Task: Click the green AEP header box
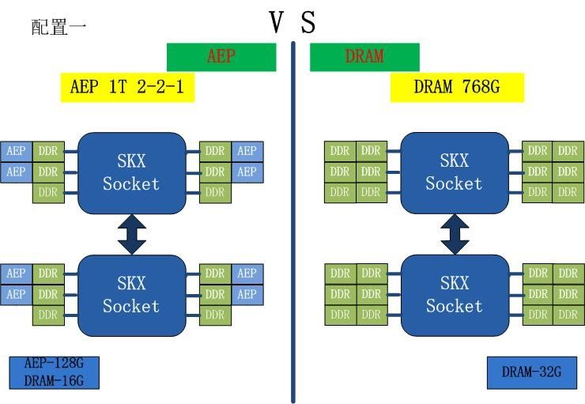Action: (x=221, y=57)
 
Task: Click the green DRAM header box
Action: (x=364, y=57)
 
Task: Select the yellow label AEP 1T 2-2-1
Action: (x=127, y=87)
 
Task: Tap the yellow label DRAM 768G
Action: (x=457, y=87)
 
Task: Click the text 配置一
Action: (x=59, y=27)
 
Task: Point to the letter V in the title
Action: (x=277, y=22)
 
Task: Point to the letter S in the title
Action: (x=308, y=22)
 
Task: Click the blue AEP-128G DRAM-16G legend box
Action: (x=54, y=372)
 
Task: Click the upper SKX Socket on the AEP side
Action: (x=131, y=172)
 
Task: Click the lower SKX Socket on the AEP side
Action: (x=131, y=294)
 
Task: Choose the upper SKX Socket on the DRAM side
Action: (x=454, y=172)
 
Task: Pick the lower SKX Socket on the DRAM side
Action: (x=454, y=294)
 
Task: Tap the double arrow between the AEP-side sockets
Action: (x=131, y=234)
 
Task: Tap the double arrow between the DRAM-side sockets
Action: (x=455, y=234)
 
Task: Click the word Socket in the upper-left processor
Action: (x=131, y=184)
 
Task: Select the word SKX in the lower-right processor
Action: (x=454, y=283)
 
